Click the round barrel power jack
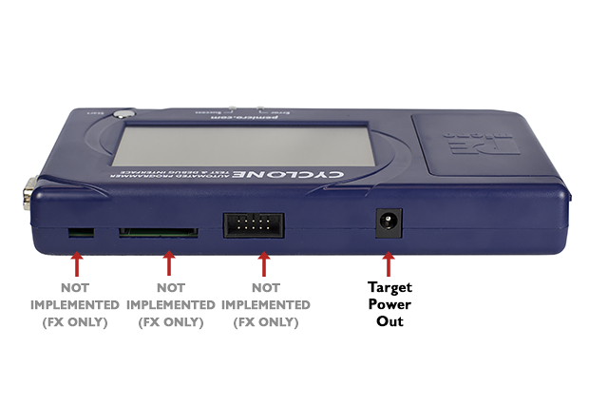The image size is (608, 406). (x=389, y=223)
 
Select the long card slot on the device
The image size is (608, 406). (x=159, y=231)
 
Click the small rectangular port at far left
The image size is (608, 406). (x=81, y=232)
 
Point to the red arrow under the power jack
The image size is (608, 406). (x=389, y=260)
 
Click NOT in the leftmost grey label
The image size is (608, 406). (x=75, y=287)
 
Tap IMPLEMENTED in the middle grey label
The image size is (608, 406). (x=170, y=304)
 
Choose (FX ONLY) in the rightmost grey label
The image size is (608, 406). (x=265, y=321)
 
